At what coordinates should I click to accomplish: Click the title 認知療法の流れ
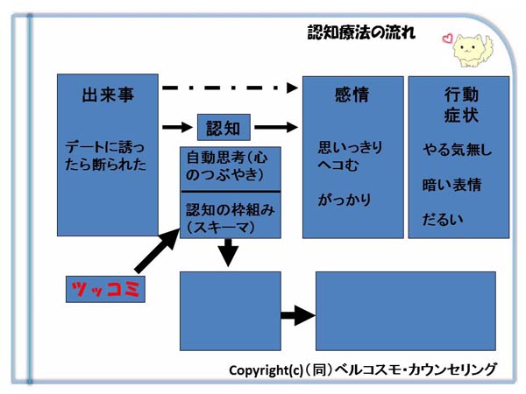(x=361, y=32)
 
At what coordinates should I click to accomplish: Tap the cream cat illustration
(x=473, y=50)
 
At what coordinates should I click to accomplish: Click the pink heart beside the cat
(x=447, y=39)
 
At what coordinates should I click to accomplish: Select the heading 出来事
(x=108, y=95)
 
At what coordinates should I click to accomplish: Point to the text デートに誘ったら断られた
(x=105, y=156)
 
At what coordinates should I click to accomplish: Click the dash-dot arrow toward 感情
(x=230, y=88)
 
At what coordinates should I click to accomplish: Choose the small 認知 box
(x=224, y=127)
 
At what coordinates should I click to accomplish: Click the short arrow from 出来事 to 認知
(x=177, y=127)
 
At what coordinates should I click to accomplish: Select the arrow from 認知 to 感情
(x=276, y=127)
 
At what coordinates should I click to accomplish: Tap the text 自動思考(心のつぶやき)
(x=227, y=166)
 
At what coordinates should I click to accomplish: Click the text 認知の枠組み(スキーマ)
(x=230, y=218)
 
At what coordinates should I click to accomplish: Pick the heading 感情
(x=352, y=95)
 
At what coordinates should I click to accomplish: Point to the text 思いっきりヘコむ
(x=350, y=156)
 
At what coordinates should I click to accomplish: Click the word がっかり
(x=345, y=200)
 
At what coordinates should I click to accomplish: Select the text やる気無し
(x=457, y=150)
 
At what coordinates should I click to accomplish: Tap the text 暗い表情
(x=451, y=185)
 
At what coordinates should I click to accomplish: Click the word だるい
(x=443, y=220)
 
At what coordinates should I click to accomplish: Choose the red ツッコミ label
(x=105, y=289)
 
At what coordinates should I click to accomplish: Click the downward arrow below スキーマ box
(x=228, y=253)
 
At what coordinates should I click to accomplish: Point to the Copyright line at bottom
(x=363, y=369)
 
